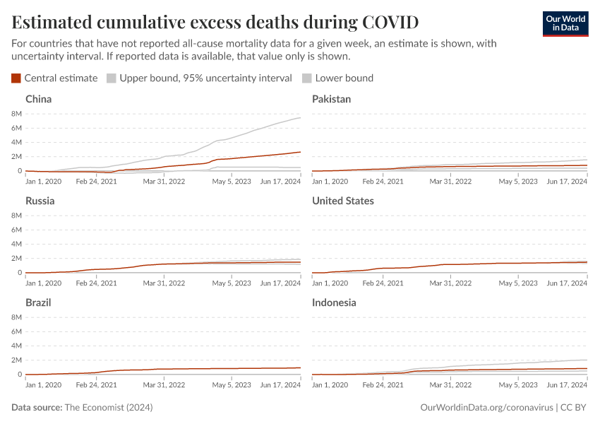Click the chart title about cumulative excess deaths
(215, 22)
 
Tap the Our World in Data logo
(565, 23)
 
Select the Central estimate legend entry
(54, 78)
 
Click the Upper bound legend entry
(199, 78)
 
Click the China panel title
(39, 99)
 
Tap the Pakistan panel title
(331, 99)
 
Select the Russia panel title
(40, 201)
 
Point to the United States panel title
(343, 201)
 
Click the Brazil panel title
(38, 302)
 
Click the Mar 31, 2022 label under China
(164, 181)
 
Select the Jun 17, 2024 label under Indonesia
(566, 384)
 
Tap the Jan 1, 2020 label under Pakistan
(330, 181)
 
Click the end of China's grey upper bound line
(300, 118)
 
